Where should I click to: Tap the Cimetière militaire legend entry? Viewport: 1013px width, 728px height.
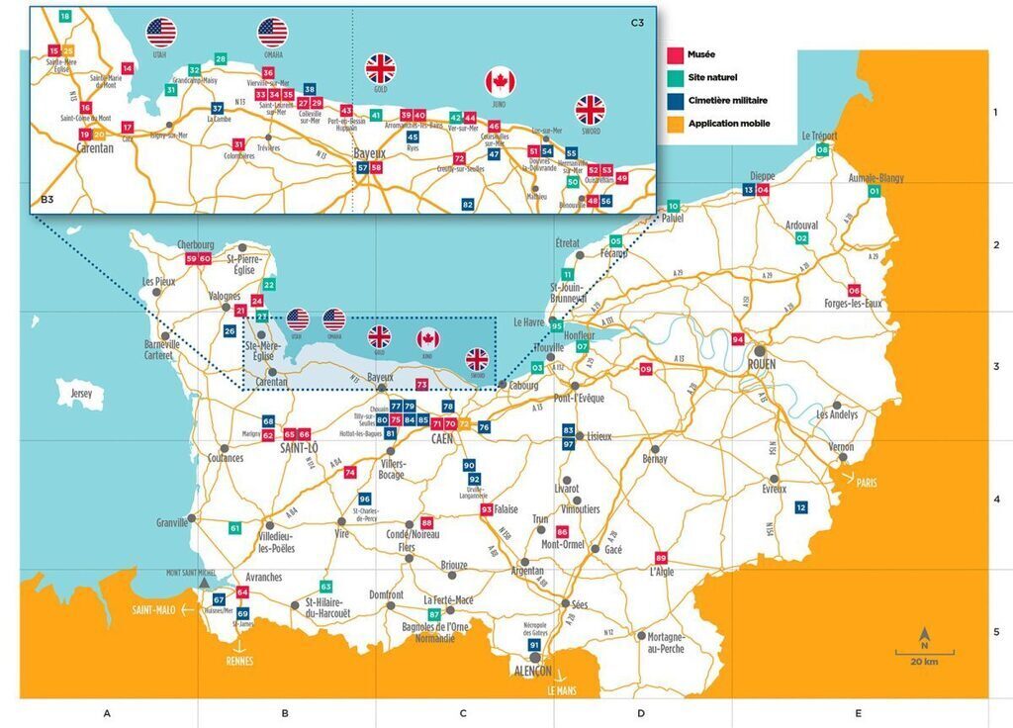[x=718, y=101]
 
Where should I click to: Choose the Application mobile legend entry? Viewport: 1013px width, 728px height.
[x=720, y=124]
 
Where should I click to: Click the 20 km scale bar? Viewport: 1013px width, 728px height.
[x=925, y=653]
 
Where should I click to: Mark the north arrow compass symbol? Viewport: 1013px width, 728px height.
[x=925, y=633]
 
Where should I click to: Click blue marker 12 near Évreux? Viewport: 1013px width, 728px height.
[x=801, y=507]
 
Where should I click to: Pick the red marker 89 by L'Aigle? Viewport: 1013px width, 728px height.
[x=661, y=557]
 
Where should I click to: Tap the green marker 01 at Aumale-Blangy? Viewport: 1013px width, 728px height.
[x=873, y=190]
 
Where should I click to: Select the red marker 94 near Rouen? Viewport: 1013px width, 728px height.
[x=738, y=339]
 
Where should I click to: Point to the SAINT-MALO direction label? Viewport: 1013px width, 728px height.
[x=153, y=610]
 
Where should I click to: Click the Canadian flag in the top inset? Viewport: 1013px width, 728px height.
[x=501, y=82]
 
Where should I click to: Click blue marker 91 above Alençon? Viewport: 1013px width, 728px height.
[x=534, y=645]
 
